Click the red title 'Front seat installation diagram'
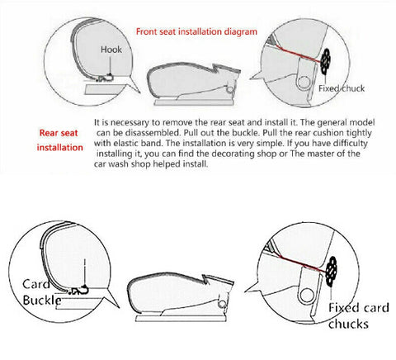pos(196,31)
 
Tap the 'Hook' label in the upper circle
pos(111,50)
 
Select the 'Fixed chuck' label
pos(342,88)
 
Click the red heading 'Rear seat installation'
pos(59,140)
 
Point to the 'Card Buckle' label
pos(42,292)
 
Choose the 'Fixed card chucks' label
pos(359,315)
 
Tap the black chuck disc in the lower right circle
pos(332,271)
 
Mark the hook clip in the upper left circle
pos(106,78)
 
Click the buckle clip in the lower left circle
pos(79,290)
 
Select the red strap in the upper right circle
pos(298,54)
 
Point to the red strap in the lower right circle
pos(304,264)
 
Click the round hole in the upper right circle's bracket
pos(304,82)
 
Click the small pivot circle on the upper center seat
pos(230,89)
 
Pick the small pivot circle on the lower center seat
pos(222,304)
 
